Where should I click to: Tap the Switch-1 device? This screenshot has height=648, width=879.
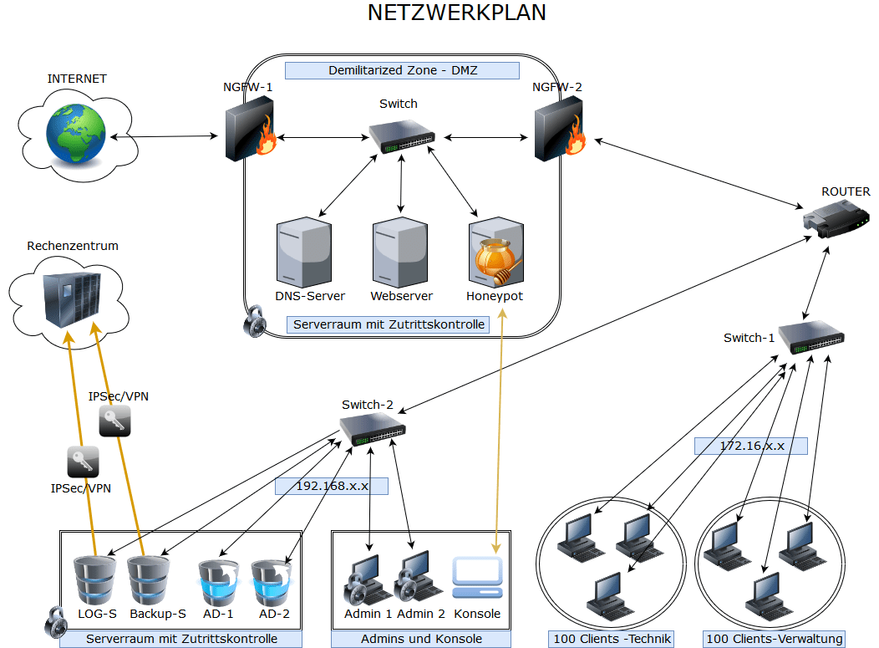pyautogui.click(x=811, y=337)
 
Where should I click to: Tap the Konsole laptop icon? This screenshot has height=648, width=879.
pyautogui.click(x=477, y=578)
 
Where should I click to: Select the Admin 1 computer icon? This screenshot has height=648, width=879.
pyautogui.click(x=367, y=579)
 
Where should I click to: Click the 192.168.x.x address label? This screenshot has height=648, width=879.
pyautogui.click(x=332, y=486)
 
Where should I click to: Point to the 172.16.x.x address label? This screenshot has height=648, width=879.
pyautogui.click(x=751, y=446)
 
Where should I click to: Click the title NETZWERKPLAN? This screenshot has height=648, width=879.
pyautogui.click(x=457, y=13)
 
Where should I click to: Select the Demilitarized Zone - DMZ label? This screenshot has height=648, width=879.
pyautogui.click(x=402, y=70)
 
